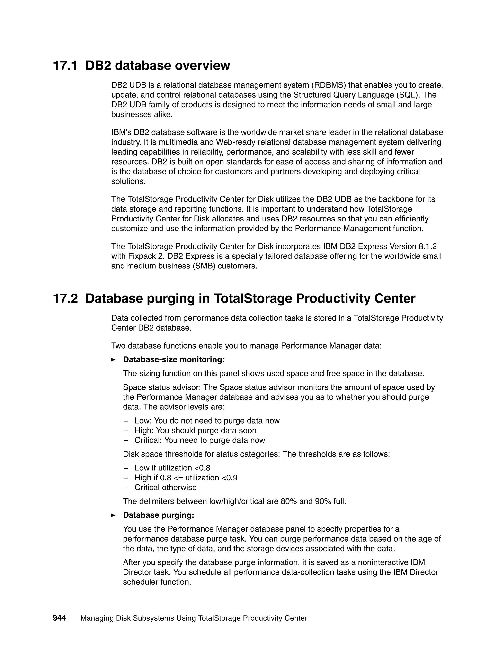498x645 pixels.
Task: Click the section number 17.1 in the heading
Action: tap(65, 65)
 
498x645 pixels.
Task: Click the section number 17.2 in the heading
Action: tap(65, 299)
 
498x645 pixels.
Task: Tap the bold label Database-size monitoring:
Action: tap(174, 360)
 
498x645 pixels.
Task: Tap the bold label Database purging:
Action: tap(159, 515)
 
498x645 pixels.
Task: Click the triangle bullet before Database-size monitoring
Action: tap(113, 360)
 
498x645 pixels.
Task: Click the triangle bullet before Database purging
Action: tap(113, 515)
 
